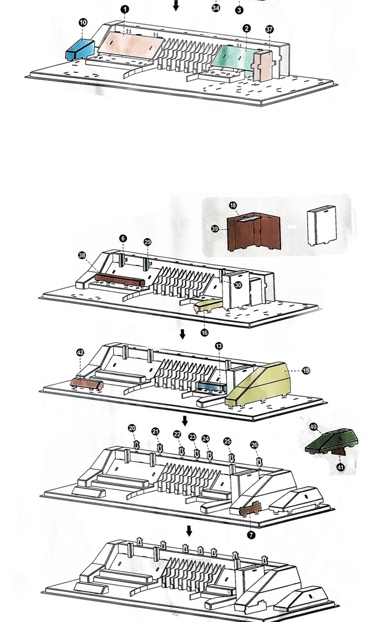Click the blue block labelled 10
(79, 49)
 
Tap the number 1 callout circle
(124, 9)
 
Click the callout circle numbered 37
(270, 29)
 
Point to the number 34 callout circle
(216, 8)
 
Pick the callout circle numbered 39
(215, 229)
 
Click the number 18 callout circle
(233, 205)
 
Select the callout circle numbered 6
(122, 238)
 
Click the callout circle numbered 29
(147, 242)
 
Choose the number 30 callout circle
(238, 285)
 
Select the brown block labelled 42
(87, 383)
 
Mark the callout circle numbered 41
(341, 467)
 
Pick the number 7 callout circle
(252, 533)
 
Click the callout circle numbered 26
(255, 445)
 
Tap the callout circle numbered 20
(132, 428)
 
